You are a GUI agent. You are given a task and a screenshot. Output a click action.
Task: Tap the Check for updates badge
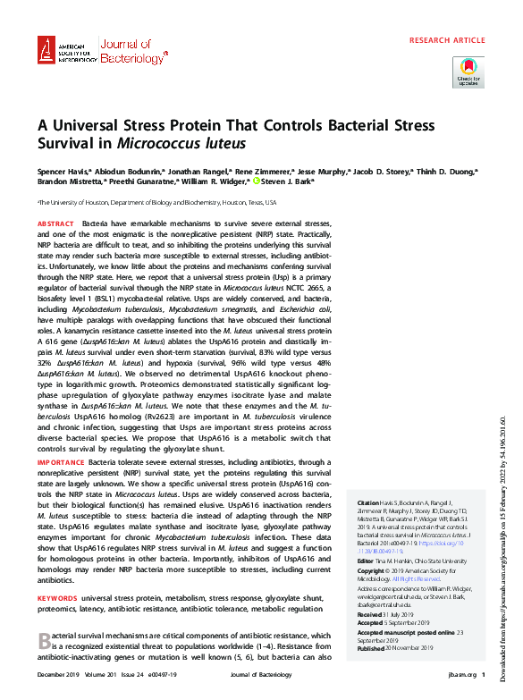click(x=468, y=71)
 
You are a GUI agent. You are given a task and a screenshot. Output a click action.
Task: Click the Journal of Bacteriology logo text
click(x=131, y=52)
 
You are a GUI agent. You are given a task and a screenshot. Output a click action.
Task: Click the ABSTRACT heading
click(x=55, y=222)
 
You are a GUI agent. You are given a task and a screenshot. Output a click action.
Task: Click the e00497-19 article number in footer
click(x=173, y=675)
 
